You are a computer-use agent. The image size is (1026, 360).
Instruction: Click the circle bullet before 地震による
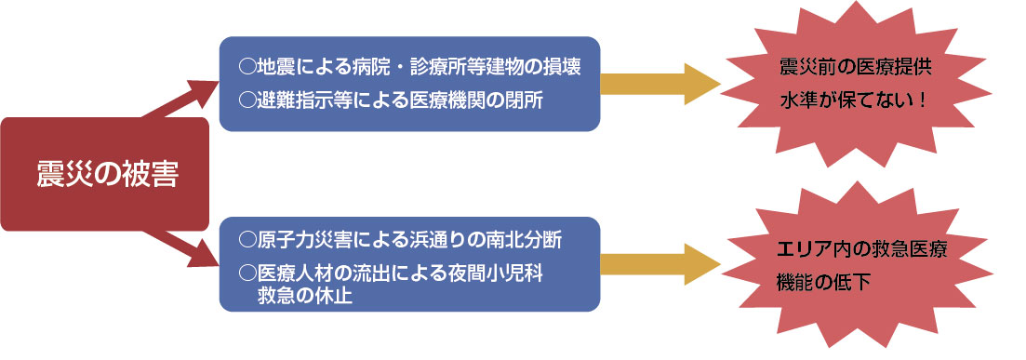tap(247, 67)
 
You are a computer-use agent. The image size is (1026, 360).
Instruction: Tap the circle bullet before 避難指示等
tap(247, 98)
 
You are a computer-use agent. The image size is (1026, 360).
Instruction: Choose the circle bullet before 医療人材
tap(247, 273)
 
